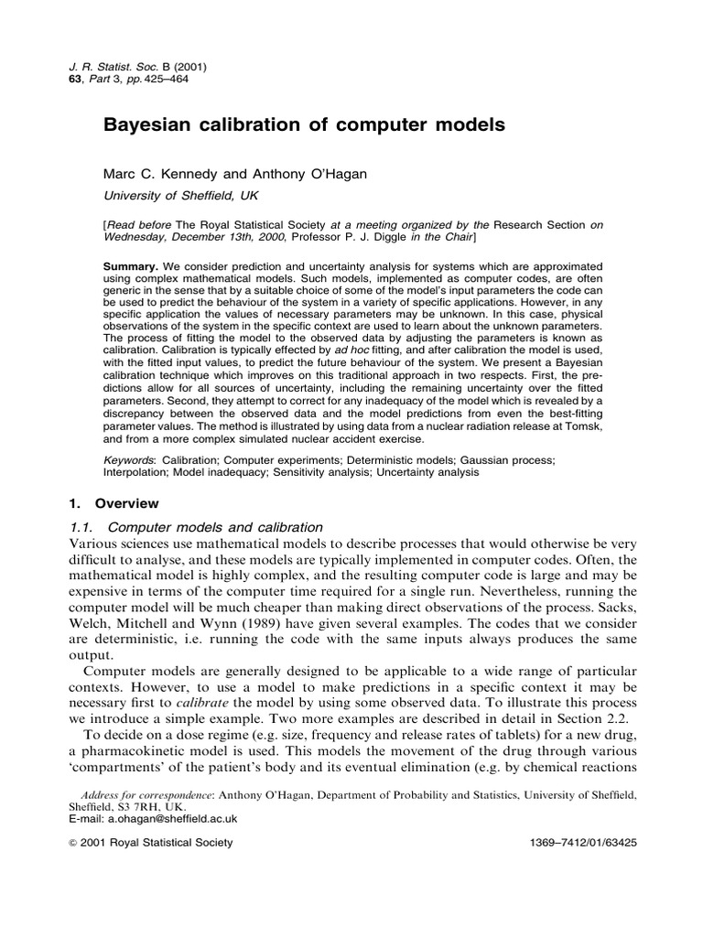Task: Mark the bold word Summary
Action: pos(133,265)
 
